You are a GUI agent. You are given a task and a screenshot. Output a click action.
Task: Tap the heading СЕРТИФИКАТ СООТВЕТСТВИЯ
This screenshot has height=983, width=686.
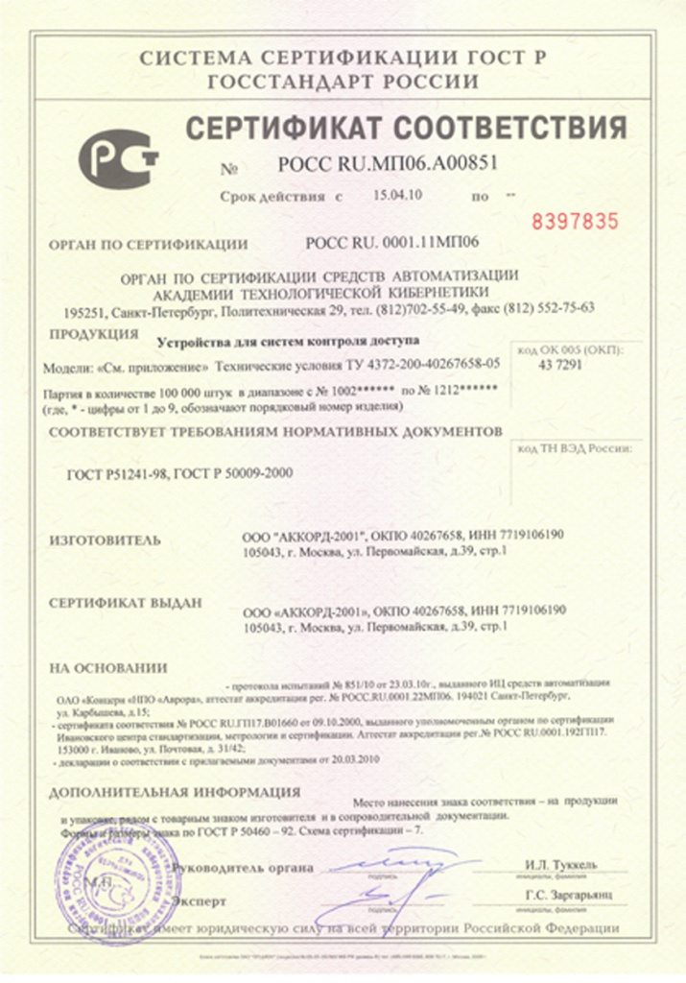coord(405,127)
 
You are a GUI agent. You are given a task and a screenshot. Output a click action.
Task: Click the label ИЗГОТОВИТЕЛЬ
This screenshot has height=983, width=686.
coord(106,540)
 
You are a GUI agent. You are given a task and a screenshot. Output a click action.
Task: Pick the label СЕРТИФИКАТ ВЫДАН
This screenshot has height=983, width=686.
coord(126,604)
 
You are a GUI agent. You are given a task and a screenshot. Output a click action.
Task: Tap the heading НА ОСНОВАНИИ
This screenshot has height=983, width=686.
coord(107,667)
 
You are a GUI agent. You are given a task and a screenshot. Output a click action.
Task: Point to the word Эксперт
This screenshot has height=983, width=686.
coord(200,901)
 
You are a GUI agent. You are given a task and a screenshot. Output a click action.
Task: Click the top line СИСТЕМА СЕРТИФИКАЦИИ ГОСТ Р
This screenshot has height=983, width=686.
coord(343,59)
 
